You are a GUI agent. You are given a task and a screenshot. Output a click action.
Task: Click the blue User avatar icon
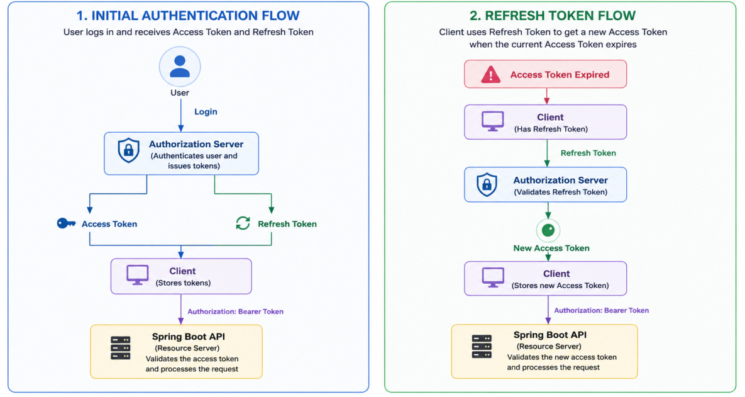coord(180,67)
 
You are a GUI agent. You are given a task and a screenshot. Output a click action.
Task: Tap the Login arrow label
coord(206,112)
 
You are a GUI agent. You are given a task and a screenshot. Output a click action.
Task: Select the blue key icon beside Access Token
coord(66,223)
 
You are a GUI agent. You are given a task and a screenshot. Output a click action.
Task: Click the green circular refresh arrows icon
coord(243,223)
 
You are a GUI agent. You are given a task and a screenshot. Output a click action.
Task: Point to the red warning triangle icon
coord(491,75)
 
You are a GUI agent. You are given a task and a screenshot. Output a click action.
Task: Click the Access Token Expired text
coord(560,75)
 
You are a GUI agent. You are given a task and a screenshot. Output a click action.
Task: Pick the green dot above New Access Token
coord(548,231)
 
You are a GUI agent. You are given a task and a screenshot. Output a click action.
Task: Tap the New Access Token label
coord(551,248)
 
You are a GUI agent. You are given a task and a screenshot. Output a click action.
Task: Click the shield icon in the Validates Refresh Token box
coord(487,184)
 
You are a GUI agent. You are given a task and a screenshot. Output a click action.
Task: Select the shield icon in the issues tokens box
coord(128,150)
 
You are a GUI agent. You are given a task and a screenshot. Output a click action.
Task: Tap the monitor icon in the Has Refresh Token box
coord(492,121)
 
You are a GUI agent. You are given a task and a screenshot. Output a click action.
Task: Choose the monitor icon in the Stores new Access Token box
coord(493,277)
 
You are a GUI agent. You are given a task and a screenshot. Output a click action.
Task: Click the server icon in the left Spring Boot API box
coord(121,348)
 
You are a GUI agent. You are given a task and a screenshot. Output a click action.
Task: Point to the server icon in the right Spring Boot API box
coord(482,347)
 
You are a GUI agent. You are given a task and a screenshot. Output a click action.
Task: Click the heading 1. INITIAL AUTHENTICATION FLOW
coord(188,16)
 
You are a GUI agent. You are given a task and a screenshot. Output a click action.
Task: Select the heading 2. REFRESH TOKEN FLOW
coord(553,16)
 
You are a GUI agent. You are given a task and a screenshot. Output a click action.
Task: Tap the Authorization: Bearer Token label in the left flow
coord(235,311)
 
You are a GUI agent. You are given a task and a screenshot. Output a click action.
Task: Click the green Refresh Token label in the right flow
coord(588,153)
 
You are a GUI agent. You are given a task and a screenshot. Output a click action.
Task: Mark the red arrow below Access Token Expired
coord(547,96)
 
